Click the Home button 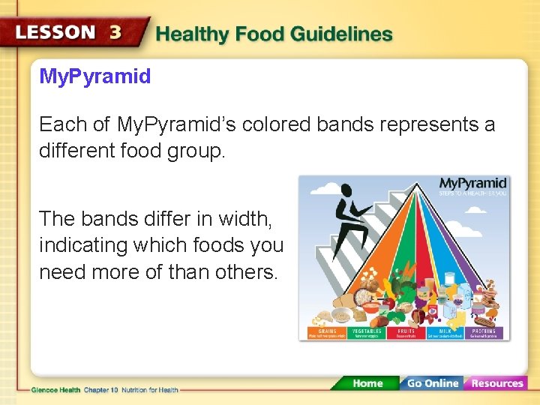[367, 383]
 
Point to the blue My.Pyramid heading [94, 76]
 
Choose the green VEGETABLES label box [366, 333]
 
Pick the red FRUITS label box [406, 333]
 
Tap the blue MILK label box [445, 333]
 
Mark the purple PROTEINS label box [484, 333]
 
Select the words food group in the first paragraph [171, 151]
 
